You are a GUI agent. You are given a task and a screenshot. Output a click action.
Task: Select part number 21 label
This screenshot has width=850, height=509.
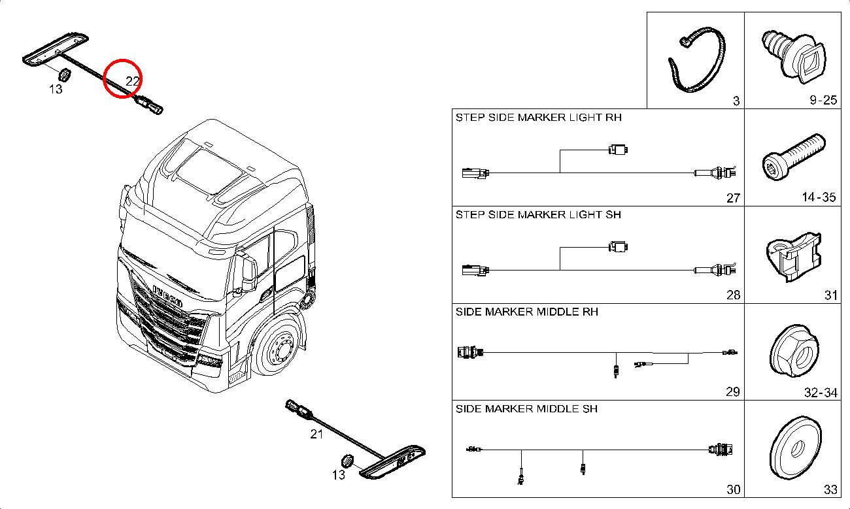[x=316, y=433]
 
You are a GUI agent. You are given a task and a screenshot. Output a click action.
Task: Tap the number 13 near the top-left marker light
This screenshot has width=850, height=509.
[x=56, y=88]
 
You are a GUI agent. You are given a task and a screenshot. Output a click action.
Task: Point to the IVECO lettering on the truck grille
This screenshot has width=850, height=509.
[x=168, y=295]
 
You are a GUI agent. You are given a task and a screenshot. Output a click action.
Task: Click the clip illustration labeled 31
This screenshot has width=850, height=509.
[x=792, y=257]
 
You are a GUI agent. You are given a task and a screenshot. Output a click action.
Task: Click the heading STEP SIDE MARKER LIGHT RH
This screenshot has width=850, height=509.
[x=538, y=118]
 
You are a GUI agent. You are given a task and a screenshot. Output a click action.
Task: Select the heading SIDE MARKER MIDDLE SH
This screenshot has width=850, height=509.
[x=526, y=409]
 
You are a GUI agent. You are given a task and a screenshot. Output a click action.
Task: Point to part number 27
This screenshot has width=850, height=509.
[x=732, y=198]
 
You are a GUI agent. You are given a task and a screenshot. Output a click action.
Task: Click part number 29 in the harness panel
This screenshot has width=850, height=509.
[x=732, y=392]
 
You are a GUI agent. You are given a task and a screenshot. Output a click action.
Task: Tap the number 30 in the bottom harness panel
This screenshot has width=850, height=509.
[x=732, y=489]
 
